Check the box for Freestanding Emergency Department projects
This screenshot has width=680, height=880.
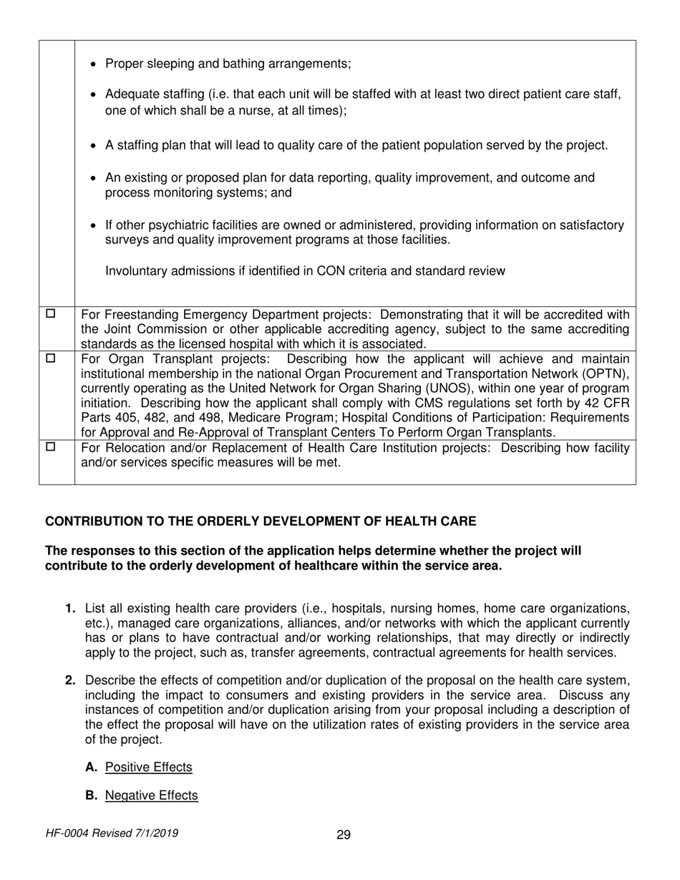[x=51, y=313]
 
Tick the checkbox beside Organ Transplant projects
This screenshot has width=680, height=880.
[x=51, y=356]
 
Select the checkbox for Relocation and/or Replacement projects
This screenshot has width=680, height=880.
[x=51, y=446]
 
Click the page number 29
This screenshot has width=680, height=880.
[x=344, y=834]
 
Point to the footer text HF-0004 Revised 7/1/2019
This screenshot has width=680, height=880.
[x=112, y=833]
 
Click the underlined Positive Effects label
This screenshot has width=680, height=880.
[x=148, y=767]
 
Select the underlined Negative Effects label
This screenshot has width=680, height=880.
[x=151, y=795]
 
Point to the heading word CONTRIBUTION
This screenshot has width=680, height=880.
[x=93, y=522]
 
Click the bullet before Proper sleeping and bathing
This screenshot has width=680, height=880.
[x=96, y=64]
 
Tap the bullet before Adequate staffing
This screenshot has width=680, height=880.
[x=96, y=95]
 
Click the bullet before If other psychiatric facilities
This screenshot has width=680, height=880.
[x=96, y=226]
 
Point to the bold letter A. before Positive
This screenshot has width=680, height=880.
[x=90, y=767]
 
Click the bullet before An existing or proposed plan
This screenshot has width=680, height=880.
[x=96, y=177]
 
